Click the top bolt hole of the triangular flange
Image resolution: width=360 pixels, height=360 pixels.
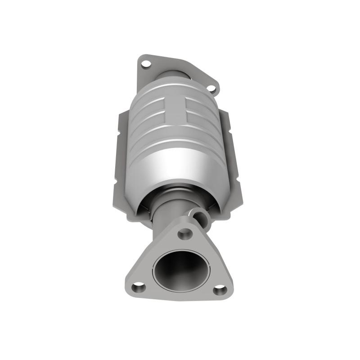click(184, 234)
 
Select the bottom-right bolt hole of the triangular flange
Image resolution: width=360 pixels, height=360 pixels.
click(220, 290)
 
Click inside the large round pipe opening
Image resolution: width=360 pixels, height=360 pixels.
click(179, 270)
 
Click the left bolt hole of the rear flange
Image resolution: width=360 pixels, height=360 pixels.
click(146, 64)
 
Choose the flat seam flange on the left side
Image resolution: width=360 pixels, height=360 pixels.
click(124, 166)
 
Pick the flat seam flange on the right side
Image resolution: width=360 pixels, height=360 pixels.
click(234, 171)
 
